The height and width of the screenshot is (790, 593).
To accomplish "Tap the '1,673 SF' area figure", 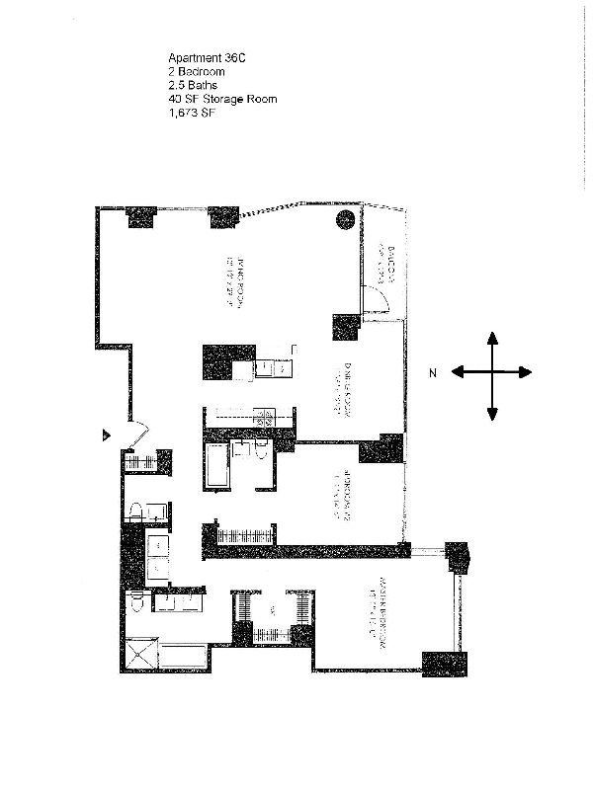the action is coord(191,113).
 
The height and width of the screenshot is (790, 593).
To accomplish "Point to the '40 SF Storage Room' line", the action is coord(222,99).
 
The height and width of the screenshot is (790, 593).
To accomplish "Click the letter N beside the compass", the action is coord(433,373).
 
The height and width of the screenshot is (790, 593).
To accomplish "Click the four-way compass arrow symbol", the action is coord(491,372).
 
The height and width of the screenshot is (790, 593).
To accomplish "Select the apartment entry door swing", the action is coord(137,433).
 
